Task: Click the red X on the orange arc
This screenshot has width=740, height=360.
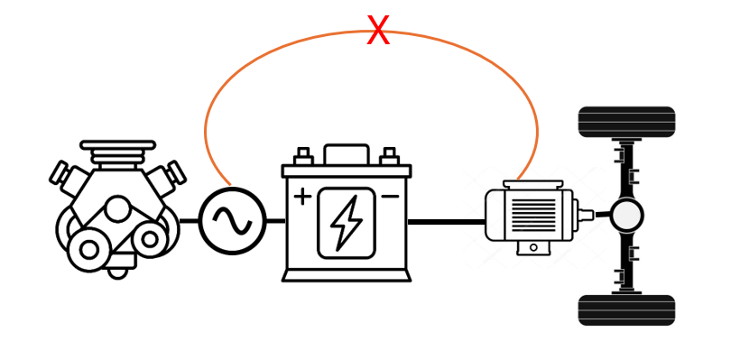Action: point(378,31)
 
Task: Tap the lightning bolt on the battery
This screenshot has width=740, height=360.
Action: point(347,223)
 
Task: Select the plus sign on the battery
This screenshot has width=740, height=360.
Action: point(302,197)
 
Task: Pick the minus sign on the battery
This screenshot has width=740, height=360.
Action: point(390,197)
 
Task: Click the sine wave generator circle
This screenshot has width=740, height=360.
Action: point(232,221)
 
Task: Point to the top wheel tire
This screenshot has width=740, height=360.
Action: point(626,122)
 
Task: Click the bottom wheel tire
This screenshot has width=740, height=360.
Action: point(626,310)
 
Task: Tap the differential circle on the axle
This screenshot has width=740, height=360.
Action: point(626,216)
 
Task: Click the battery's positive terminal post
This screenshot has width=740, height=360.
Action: point(303,156)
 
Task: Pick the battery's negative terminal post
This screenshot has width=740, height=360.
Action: point(389,156)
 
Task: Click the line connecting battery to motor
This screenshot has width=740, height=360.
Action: point(447,221)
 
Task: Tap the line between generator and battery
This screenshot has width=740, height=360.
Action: point(276,221)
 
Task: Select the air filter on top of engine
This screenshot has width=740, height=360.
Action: point(117,154)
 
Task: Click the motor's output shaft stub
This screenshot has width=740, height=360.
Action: point(587,215)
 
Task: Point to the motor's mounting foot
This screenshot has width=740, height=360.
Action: point(533,247)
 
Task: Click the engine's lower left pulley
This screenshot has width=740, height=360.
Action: point(88,250)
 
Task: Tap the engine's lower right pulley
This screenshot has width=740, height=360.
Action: point(150,240)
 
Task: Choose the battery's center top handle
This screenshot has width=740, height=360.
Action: point(347,154)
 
